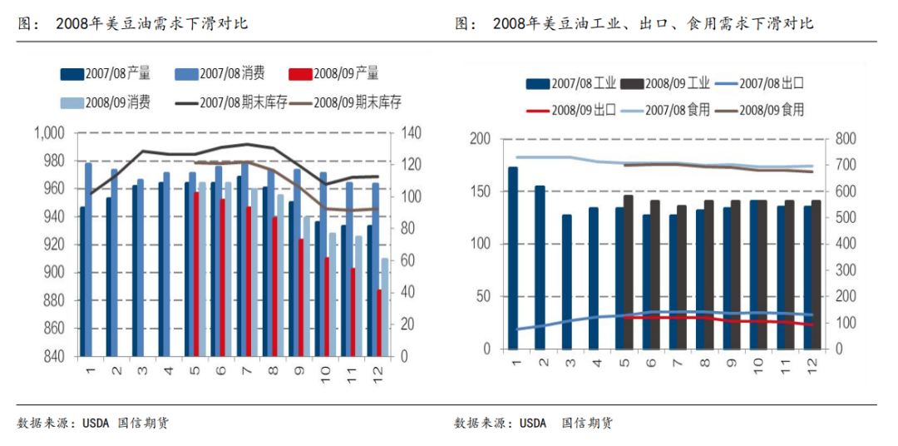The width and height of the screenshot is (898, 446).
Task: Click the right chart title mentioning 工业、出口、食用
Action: (x=653, y=24)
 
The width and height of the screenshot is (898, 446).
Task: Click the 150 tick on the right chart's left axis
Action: (x=480, y=191)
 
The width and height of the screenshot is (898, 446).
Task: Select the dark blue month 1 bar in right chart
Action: (x=513, y=258)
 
